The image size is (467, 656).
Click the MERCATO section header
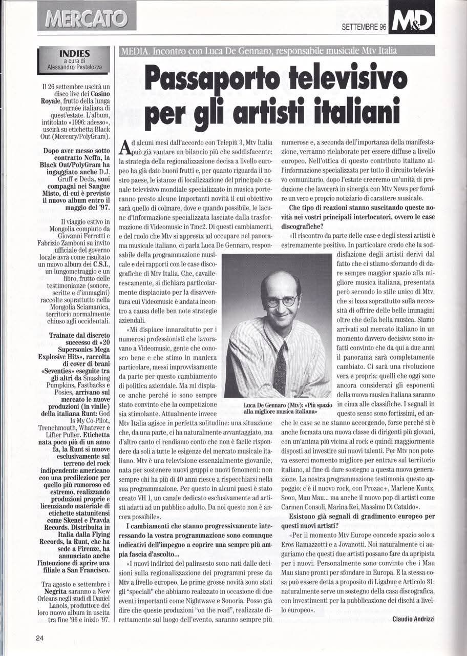tap(87, 19)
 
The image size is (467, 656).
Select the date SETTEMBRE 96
tap(364, 27)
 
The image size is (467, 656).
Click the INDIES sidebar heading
tap(75, 53)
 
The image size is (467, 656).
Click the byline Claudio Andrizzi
tap(413, 619)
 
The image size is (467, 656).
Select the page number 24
tap(40, 638)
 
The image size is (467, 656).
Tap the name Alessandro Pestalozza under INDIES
tap(75, 66)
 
